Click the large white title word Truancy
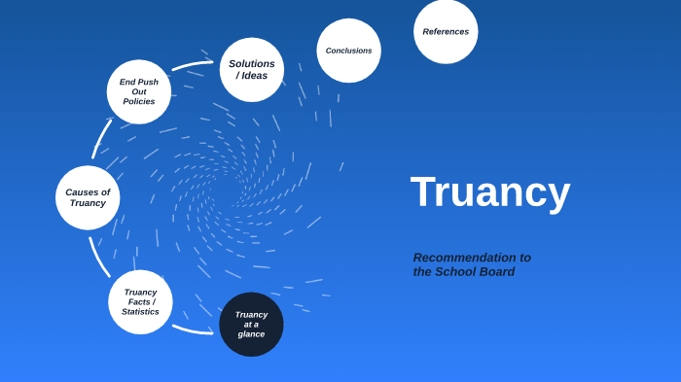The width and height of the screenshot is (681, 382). click(x=489, y=191)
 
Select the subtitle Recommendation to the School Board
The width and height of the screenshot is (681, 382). click(x=472, y=264)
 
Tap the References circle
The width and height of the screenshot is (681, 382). click(x=446, y=31)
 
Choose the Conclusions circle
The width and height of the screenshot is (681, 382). click(x=348, y=51)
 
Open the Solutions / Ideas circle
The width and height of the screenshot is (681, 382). click(x=252, y=70)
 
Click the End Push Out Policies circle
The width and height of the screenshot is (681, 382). click(x=139, y=91)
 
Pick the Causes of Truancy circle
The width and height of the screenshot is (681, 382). click(x=88, y=197)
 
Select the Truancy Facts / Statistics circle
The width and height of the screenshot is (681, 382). click(x=140, y=301)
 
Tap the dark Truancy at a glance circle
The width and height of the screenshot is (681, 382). click(x=251, y=324)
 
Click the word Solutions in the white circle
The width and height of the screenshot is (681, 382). click(x=252, y=64)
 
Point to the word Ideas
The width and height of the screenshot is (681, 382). click(x=256, y=76)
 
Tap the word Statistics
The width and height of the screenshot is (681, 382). click(x=140, y=312)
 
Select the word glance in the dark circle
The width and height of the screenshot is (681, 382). click(x=251, y=334)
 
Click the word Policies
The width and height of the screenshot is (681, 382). click(x=139, y=102)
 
